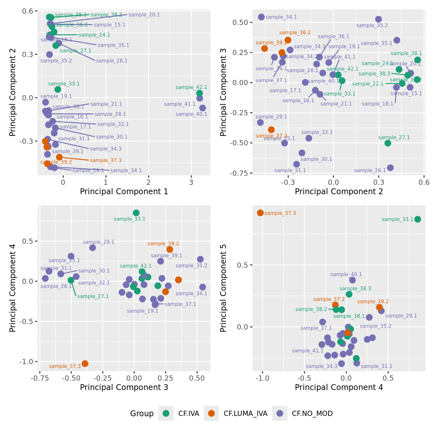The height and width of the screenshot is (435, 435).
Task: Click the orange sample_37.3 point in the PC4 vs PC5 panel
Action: coord(260,213)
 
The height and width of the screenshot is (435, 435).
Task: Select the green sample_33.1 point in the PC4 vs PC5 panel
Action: coord(418,219)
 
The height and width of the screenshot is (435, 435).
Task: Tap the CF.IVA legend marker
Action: coord(166,413)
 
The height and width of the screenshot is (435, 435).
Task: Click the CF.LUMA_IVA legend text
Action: coord(245,413)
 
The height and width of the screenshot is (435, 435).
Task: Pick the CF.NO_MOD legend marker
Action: coord(280,413)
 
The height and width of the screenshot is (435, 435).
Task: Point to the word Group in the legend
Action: coord(142,413)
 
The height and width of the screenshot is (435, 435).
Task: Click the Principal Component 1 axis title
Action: coord(124,191)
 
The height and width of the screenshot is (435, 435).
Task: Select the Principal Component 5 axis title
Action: coord(223,288)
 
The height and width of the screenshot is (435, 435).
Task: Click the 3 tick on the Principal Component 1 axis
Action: coord(191,182)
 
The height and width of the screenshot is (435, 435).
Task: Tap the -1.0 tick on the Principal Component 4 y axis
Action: coord(28,362)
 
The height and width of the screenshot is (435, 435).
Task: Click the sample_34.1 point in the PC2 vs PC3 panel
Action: coord(261,17)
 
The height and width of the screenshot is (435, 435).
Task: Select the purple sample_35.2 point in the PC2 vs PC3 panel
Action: coord(378,19)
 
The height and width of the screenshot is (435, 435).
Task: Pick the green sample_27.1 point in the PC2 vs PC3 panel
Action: coord(388,143)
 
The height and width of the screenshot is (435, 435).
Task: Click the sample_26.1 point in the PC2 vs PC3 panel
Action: coord(390,168)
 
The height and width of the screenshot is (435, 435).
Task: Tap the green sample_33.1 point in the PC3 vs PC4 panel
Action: coord(136,213)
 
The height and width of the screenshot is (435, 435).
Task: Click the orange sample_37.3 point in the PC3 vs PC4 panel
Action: coord(85,363)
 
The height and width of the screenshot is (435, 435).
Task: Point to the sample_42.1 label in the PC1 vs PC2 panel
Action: coord(191,87)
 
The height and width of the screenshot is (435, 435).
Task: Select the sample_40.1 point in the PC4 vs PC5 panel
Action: coord(352,280)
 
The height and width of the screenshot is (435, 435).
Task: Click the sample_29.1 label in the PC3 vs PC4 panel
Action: coord(98,242)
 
